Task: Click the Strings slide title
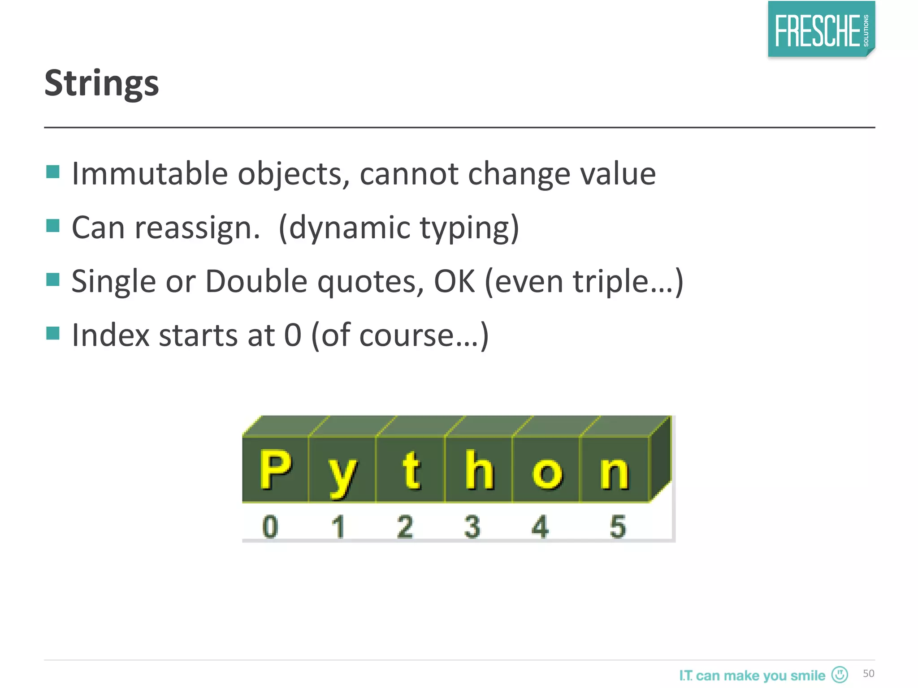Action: point(102,83)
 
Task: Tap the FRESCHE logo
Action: point(821,30)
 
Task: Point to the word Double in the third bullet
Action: point(256,281)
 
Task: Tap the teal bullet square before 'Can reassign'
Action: point(53,225)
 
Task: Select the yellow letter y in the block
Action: point(343,476)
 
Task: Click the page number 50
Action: point(868,673)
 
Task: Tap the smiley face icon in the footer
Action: point(840,674)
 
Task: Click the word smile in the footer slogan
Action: point(807,675)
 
